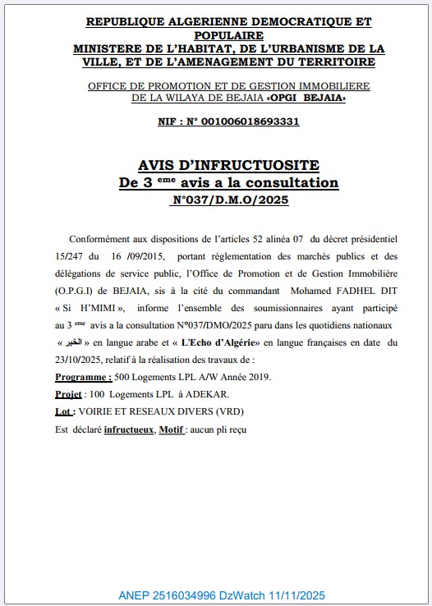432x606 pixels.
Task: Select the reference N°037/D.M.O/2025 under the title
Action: pos(230,200)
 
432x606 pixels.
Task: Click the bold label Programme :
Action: pos(83,377)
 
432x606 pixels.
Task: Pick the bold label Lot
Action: pos(66,411)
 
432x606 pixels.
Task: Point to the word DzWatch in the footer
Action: pos(241,595)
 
